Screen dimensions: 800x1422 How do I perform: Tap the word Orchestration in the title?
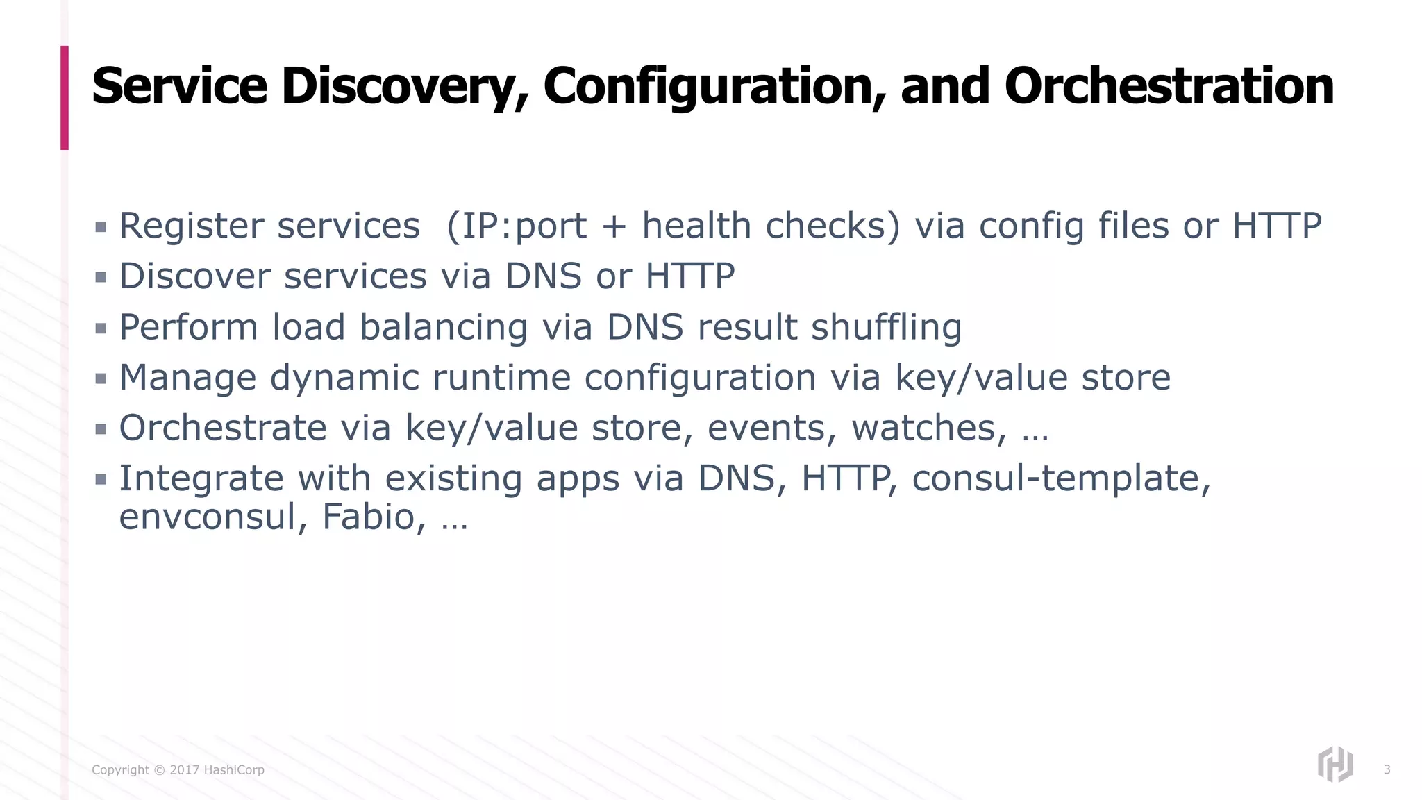[1169, 87]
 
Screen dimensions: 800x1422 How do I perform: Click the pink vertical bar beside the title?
[65, 98]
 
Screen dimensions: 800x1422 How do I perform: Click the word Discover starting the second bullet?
[195, 276]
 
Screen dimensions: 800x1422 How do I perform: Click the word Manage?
[187, 378]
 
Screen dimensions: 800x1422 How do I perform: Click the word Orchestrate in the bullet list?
[222, 428]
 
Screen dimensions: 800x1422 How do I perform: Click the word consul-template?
[1061, 478]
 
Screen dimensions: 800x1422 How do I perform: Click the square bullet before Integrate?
[101, 479]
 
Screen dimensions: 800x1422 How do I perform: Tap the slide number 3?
[1387, 769]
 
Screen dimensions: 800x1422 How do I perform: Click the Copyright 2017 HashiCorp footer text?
[178, 769]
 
